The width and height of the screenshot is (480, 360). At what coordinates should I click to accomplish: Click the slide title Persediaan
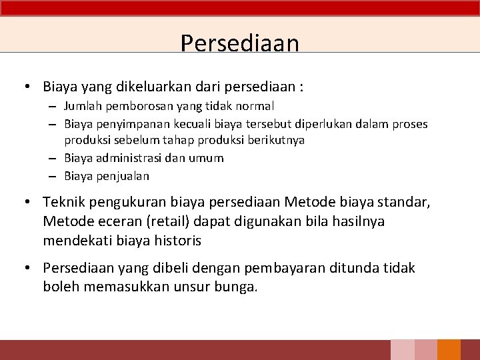pyautogui.click(x=239, y=43)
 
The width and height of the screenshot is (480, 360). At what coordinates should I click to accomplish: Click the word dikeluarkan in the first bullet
pyautogui.click(x=149, y=87)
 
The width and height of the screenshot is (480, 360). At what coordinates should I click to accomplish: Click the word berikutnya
pyautogui.click(x=277, y=140)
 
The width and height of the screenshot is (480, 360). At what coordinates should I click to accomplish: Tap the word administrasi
pyautogui.click(x=129, y=158)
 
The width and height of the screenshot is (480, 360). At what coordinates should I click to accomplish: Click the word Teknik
pyautogui.click(x=62, y=201)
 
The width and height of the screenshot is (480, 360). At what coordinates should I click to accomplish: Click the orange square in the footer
pyautogui.click(x=449, y=350)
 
